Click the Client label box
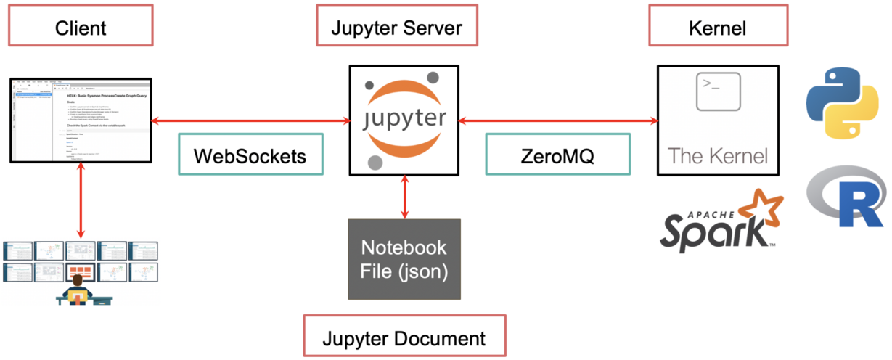click(80, 28)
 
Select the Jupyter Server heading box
click(396, 28)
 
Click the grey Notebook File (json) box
click(404, 259)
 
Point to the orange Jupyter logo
click(404, 120)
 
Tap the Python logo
click(842, 103)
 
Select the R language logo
click(846, 195)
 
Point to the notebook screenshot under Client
click(81, 119)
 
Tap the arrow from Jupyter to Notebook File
click(404, 197)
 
